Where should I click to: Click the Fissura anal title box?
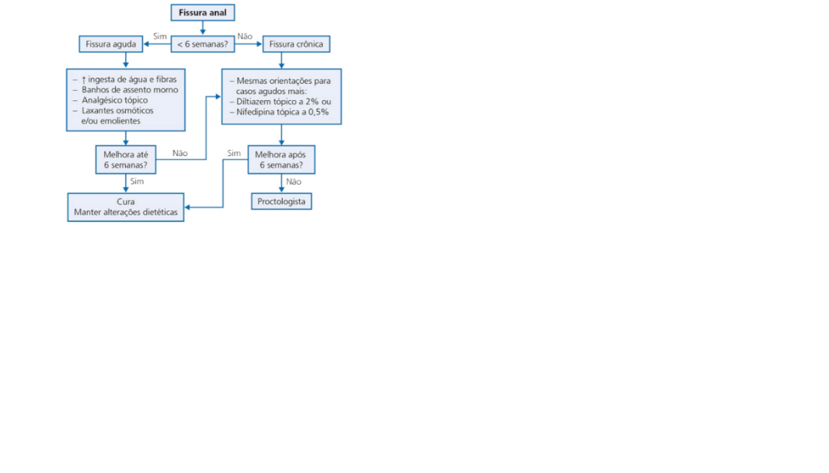202,13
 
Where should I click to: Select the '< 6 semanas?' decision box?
202,44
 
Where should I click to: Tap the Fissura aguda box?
111,44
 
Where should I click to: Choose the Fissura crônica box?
296,44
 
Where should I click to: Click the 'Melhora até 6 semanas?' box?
126,160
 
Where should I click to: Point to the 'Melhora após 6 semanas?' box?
280,160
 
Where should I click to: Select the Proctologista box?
281,202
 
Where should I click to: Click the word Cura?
125,202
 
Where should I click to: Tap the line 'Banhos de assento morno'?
130,90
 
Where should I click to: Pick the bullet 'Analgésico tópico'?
114,100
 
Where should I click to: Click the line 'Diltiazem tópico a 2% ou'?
284,102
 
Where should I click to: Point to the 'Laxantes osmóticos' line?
117,110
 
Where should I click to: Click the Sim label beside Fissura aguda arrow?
161,37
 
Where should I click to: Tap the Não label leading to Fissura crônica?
245,37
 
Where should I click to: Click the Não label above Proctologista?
294,182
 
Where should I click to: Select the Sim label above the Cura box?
138,182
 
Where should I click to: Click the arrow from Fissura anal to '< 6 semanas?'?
202,28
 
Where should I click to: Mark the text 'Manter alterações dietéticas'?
126,212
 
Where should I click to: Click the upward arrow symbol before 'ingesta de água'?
84,79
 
